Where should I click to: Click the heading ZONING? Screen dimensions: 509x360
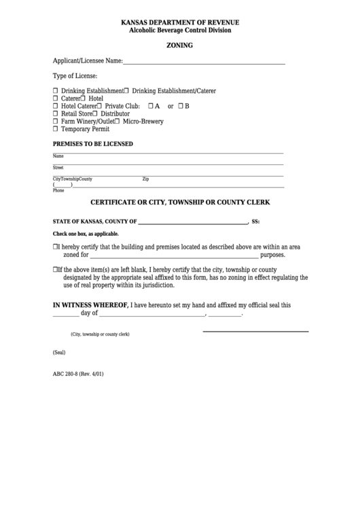click(x=180, y=46)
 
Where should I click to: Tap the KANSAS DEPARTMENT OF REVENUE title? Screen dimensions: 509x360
click(x=180, y=22)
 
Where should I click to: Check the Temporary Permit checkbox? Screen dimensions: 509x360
click(x=56, y=128)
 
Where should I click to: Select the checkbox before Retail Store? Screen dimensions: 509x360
click(x=56, y=113)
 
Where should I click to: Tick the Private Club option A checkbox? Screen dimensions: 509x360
click(x=151, y=106)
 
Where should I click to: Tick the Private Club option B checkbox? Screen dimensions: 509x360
click(x=180, y=106)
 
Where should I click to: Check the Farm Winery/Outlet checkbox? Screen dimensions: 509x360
click(x=56, y=121)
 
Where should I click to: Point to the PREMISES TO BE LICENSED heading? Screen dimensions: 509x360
click(x=93, y=144)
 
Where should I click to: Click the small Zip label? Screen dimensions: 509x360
click(x=145, y=179)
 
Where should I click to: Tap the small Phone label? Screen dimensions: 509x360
click(x=58, y=191)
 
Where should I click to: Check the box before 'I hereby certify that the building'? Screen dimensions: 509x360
click(x=56, y=247)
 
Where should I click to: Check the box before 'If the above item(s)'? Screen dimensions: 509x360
click(x=56, y=269)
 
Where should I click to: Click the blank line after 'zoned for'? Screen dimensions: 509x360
click(x=175, y=256)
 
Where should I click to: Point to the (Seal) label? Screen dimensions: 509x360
click(x=59, y=353)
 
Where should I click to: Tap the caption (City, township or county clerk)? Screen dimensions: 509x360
click(x=100, y=335)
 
